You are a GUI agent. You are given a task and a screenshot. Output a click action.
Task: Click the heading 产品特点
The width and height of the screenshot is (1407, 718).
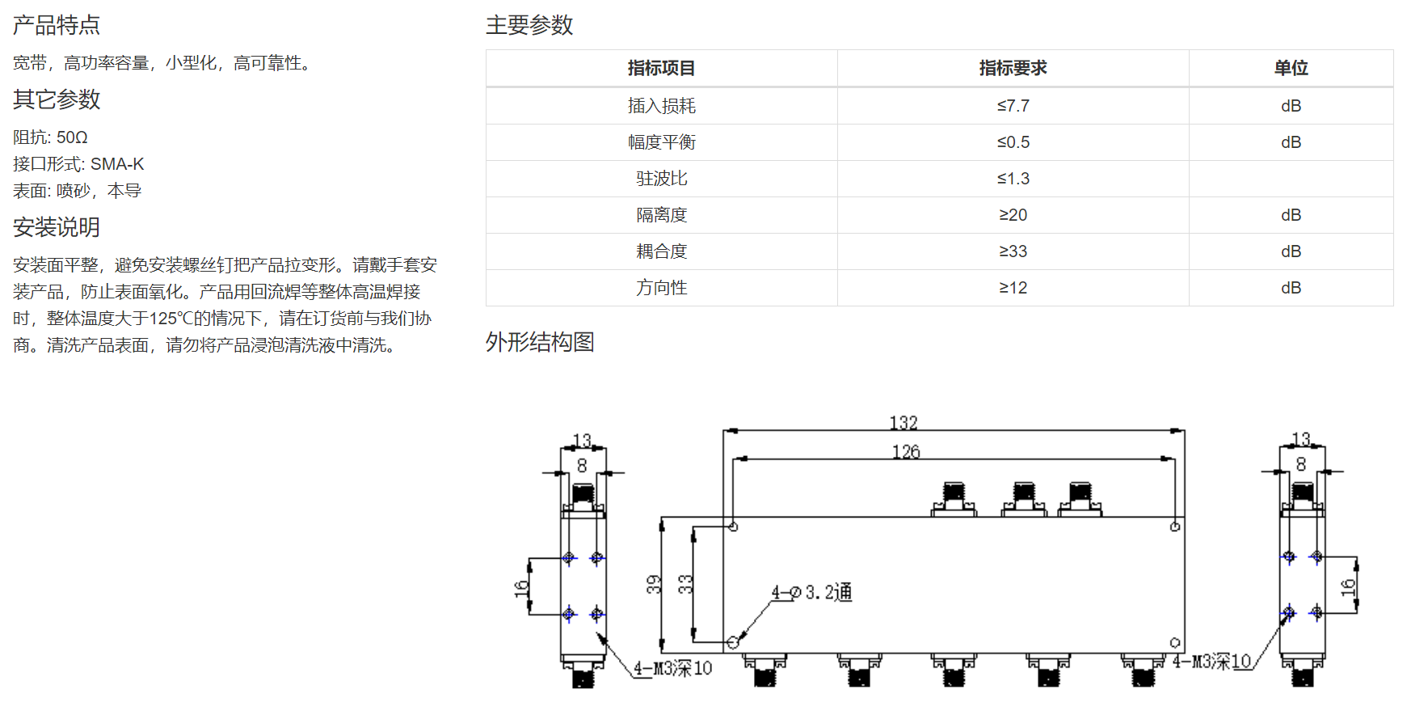click(57, 25)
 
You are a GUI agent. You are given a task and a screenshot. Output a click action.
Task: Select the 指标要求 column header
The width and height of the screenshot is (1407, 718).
click(1013, 68)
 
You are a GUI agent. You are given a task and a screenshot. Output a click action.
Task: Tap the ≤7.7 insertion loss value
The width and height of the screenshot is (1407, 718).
click(1013, 106)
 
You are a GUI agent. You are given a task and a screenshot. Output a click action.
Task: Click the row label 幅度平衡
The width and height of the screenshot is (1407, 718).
click(661, 142)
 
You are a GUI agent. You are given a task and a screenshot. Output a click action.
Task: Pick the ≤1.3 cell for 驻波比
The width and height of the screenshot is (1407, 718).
click(1013, 179)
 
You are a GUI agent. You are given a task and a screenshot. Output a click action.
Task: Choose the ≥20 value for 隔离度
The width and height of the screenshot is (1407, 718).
click(1013, 215)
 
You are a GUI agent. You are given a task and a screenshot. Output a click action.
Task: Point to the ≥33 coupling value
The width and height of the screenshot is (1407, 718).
click(1013, 251)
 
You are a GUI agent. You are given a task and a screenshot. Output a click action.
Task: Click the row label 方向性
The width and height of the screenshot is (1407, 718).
click(661, 288)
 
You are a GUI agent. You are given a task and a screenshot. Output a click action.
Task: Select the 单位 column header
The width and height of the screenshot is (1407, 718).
click(1291, 68)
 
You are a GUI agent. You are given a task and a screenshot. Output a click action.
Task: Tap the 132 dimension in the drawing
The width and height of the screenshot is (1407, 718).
click(904, 423)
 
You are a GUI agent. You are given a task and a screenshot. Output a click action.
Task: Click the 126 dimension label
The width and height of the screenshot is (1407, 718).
click(906, 452)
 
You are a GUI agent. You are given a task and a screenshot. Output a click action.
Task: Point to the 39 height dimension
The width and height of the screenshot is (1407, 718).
click(654, 584)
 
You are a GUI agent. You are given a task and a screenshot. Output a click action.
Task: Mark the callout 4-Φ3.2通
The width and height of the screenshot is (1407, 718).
click(811, 593)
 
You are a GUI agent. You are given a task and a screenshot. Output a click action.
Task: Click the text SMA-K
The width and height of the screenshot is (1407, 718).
click(117, 164)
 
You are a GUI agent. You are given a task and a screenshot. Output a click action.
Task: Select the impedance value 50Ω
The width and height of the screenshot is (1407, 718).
click(72, 137)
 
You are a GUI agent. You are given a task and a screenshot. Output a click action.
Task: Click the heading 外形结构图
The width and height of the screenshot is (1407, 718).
click(540, 342)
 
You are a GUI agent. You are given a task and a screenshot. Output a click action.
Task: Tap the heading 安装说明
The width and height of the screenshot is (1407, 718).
click(57, 227)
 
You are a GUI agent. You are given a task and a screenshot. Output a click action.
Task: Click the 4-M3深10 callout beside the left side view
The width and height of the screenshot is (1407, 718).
click(672, 668)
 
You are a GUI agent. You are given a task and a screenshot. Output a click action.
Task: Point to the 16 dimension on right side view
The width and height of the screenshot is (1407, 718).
click(1348, 587)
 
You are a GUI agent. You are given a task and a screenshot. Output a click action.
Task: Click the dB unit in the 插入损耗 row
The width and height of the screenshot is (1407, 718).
click(1291, 106)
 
